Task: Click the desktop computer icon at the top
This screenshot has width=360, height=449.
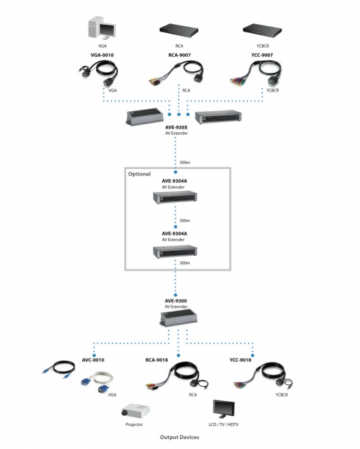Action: coord(101,27)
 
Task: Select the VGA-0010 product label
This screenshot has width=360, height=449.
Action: coord(102,55)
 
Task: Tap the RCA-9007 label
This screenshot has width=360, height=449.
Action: coord(179,55)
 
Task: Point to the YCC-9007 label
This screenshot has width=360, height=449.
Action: coord(262,55)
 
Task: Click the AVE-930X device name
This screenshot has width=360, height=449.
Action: coord(176,128)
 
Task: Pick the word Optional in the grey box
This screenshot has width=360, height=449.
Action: coord(139,174)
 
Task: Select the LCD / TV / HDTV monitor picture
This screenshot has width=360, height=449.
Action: coord(224,410)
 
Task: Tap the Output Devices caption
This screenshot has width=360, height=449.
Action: coord(179,437)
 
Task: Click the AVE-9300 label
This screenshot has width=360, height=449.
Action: coord(175,300)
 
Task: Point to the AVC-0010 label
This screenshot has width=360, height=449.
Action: coord(93,360)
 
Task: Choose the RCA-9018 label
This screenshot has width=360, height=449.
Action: coord(156,360)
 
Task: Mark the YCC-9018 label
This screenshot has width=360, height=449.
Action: coord(240,360)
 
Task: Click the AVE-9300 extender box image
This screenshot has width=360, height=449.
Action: coord(183,319)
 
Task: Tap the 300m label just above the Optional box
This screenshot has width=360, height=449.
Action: coord(185,162)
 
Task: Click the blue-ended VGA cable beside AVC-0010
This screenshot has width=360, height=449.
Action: coord(97,382)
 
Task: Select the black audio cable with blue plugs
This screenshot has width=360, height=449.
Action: coord(58,369)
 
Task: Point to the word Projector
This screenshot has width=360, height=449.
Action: coord(134,424)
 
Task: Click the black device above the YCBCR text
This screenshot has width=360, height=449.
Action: coord(262,31)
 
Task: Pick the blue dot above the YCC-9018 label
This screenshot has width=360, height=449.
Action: coord(252,355)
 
